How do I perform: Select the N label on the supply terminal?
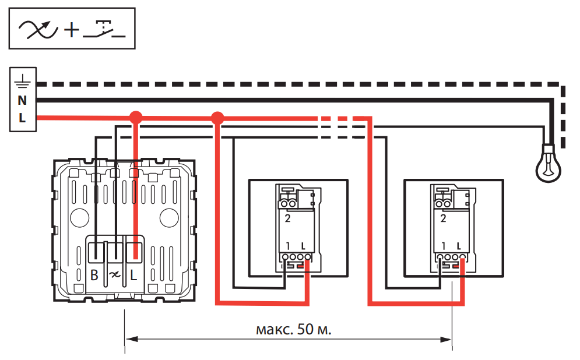(23, 100)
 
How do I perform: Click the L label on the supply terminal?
(23, 118)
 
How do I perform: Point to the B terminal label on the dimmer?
(94, 275)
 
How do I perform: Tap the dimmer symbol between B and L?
(114, 275)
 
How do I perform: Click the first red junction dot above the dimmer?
(135, 118)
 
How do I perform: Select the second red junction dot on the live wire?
(217, 118)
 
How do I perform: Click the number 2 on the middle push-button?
(287, 219)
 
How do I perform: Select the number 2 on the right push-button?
(444, 219)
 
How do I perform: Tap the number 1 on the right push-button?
(444, 245)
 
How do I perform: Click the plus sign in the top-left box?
(71, 30)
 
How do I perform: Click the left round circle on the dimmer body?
(78, 218)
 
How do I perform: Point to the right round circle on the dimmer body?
(169, 218)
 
